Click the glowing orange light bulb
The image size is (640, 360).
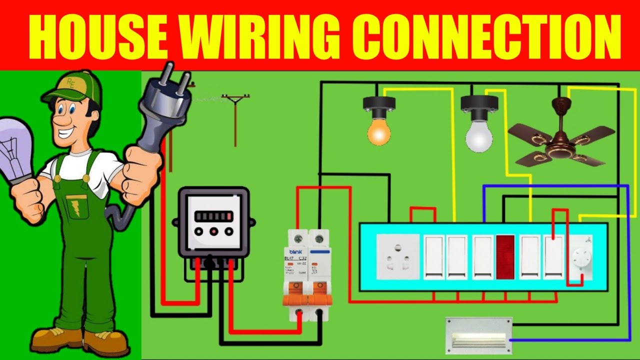(x=378, y=131)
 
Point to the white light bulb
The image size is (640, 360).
(x=478, y=135)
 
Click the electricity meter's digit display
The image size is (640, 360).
(x=214, y=216)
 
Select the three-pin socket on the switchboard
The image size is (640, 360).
(x=397, y=256)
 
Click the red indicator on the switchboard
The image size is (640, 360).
(x=505, y=256)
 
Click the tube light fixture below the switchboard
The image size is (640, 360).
(x=478, y=335)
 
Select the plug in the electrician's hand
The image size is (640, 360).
(x=162, y=107)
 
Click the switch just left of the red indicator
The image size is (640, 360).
(x=483, y=256)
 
